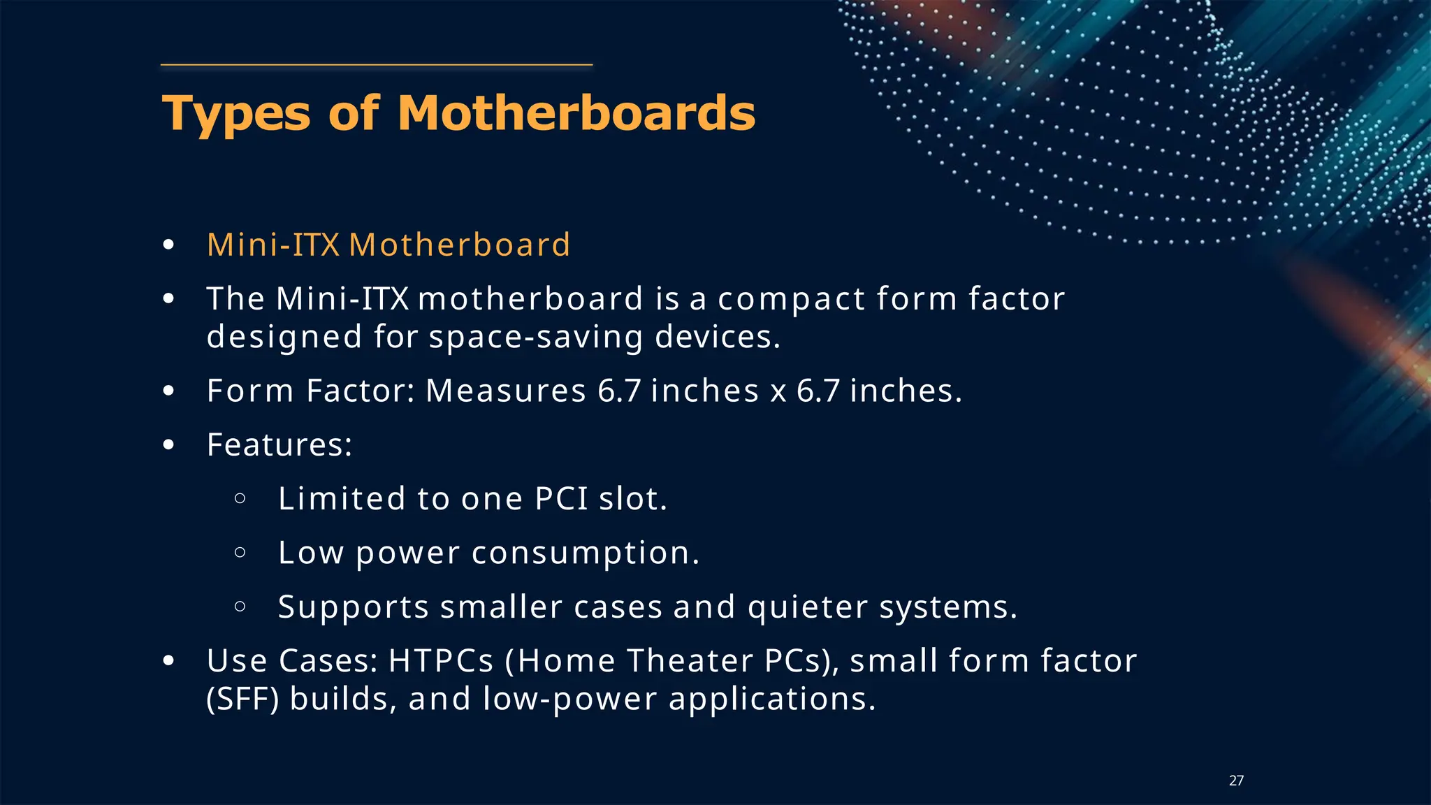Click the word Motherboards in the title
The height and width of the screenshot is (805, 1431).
pos(576,113)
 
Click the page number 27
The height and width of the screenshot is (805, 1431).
pos(1236,781)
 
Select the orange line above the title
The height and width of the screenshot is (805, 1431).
pos(377,65)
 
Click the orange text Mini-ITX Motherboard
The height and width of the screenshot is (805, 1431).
pos(388,245)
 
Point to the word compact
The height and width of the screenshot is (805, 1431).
pos(791,300)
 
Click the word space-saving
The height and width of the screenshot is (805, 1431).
pos(536,338)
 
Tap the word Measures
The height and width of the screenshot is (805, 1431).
pos(505,391)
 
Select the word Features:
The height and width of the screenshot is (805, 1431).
pos(279,445)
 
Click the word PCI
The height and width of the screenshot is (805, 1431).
pos(561,499)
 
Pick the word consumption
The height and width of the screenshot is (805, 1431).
pos(586,553)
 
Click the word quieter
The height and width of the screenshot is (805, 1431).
pos(807,607)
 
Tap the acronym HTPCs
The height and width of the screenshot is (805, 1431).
pos(441,661)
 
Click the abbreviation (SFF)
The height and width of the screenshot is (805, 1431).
pos(242,699)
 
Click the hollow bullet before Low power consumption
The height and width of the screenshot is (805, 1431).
pos(240,553)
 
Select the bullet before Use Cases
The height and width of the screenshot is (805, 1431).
pos(168,660)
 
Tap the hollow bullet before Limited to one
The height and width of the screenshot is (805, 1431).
pos(240,498)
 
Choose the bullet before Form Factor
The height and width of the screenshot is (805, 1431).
pos(168,391)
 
